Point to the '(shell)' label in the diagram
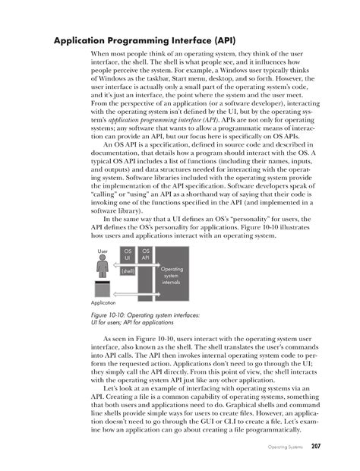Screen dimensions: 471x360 tap(128, 270)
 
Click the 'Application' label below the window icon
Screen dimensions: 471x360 tap(106, 302)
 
